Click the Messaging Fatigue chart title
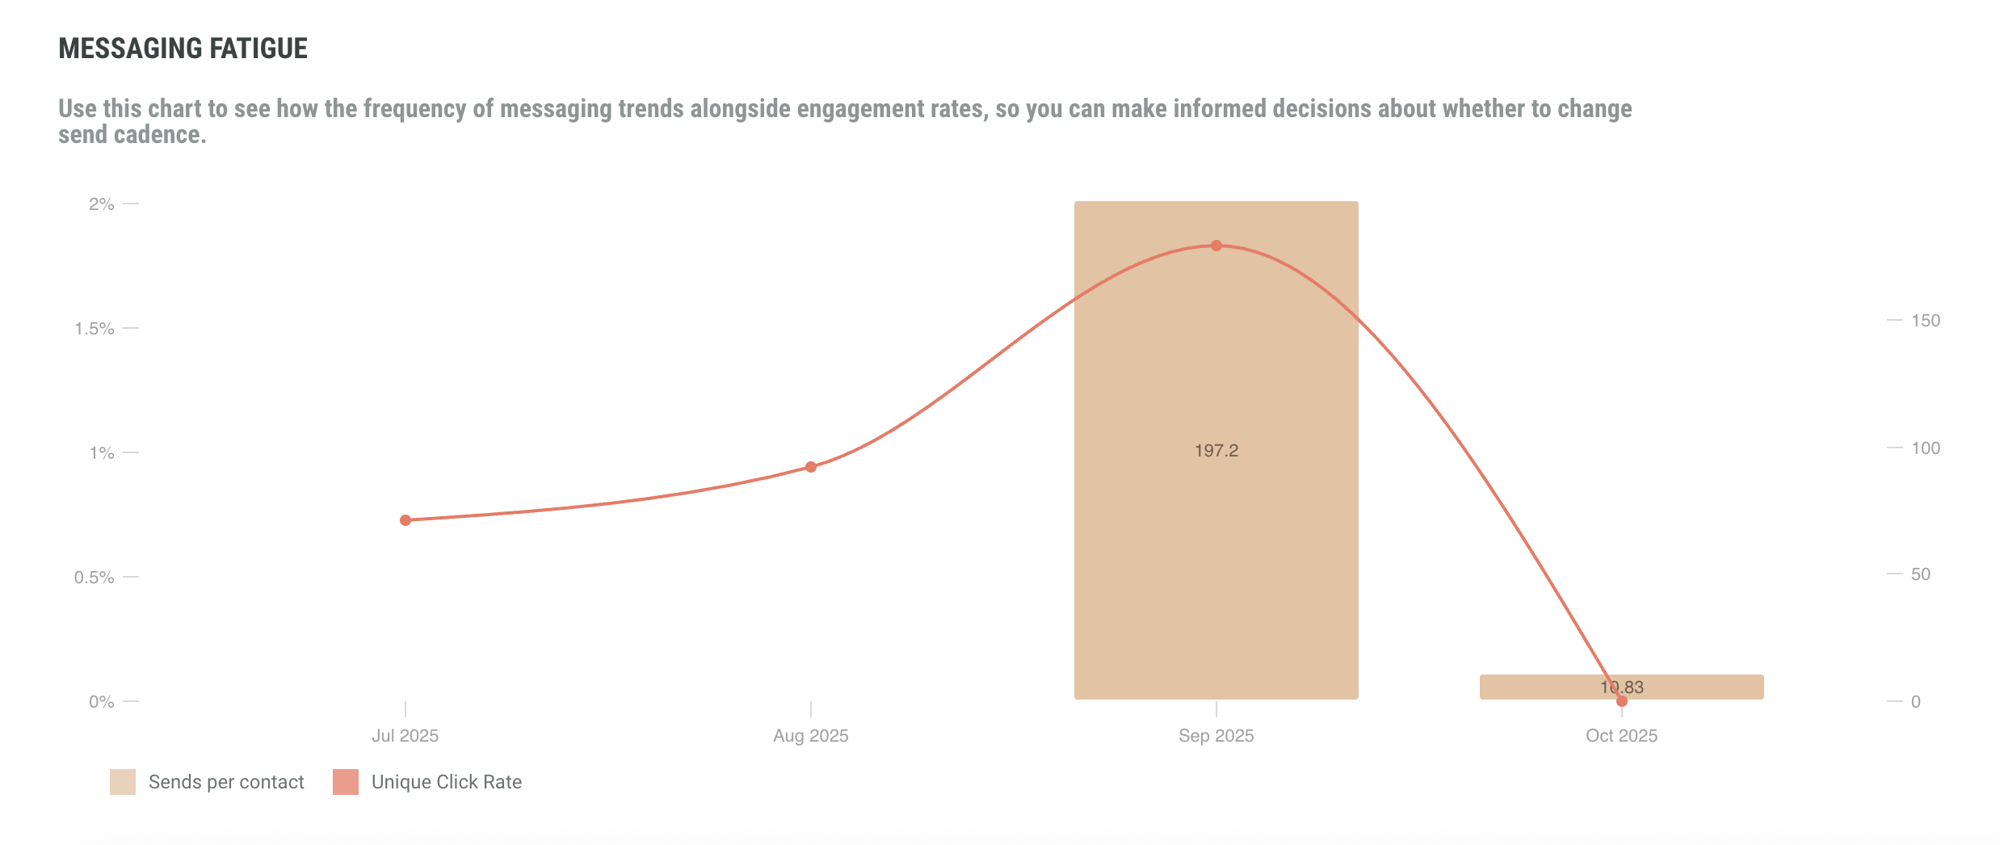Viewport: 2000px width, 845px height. [x=183, y=48]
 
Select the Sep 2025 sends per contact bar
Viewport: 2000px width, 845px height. [x=1216, y=565]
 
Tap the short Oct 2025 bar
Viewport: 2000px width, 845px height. [x=1696, y=687]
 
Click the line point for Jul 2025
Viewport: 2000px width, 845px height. [x=405, y=520]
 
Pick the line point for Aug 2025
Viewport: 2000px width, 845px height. [x=811, y=467]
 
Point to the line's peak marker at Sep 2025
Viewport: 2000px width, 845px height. [x=1216, y=246]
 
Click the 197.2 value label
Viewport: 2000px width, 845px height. [x=1216, y=451]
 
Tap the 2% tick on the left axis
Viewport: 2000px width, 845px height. [x=102, y=204]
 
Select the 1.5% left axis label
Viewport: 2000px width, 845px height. [x=95, y=329]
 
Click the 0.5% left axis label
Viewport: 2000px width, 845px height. [x=95, y=578]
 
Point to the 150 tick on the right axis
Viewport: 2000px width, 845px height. [x=1925, y=321]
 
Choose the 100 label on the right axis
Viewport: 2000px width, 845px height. [x=1925, y=448]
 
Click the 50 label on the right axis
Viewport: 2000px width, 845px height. [x=1920, y=574]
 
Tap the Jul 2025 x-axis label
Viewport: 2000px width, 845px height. [x=405, y=736]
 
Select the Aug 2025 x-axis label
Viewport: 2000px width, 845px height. [x=810, y=736]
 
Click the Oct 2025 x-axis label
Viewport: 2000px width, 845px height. [x=1621, y=736]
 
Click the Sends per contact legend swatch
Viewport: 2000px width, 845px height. [x=123, y=782]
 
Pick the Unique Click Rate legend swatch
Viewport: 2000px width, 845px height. [x=346, y=782]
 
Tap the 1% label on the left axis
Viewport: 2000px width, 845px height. [x=102, y=453]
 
